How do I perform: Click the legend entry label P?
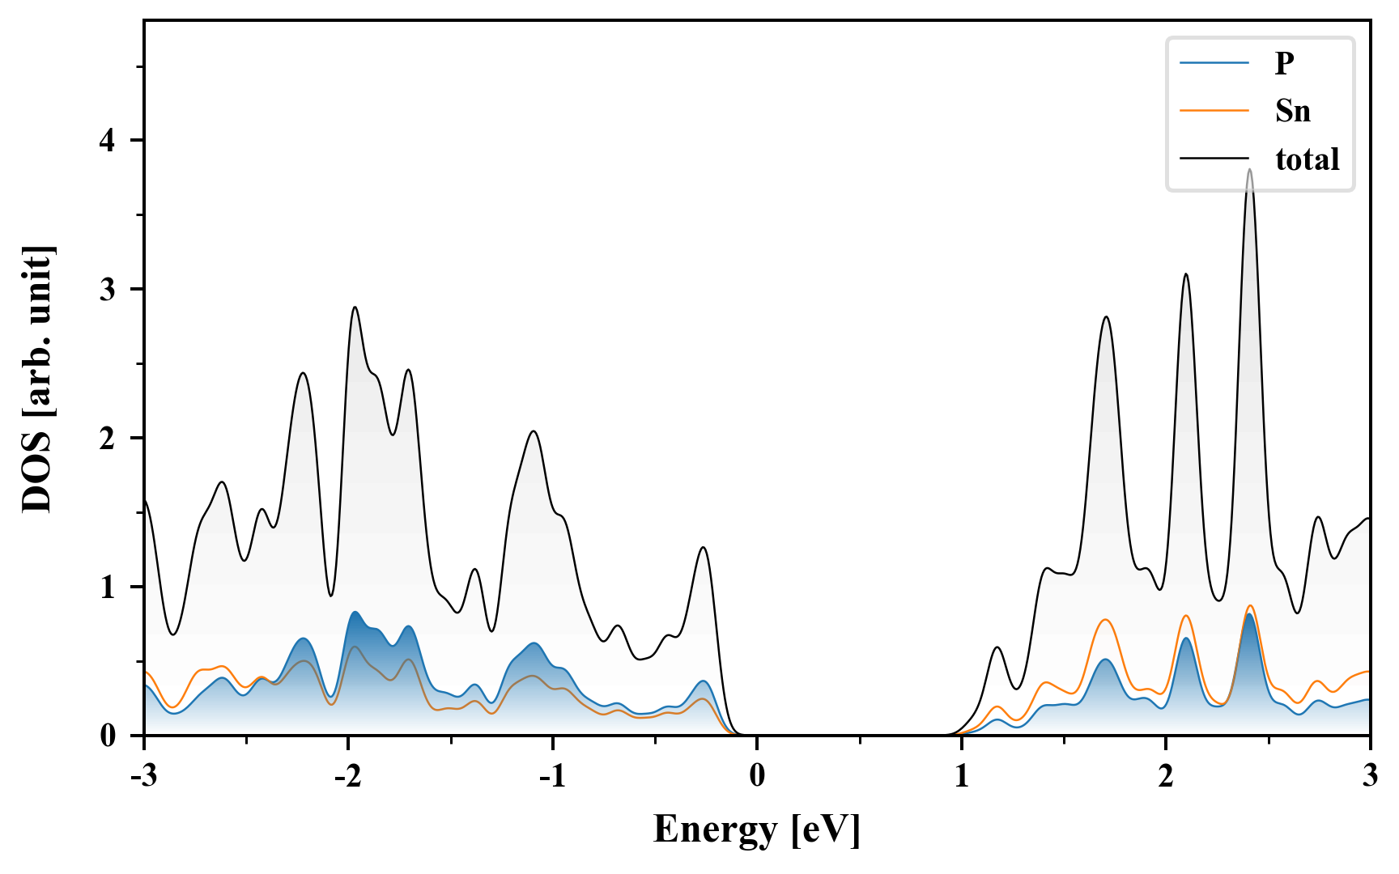point(1284,63)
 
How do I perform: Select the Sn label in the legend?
point(1292,111)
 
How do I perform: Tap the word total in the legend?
point(1307,159)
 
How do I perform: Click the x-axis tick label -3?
point(143,776)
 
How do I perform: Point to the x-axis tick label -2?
point(347,776)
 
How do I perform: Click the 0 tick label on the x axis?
point(757,776)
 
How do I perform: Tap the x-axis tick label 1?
point(961,776)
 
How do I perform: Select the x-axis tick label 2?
point(1166,776)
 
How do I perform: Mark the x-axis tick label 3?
point(1370,776)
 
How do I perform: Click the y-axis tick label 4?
point(108,141)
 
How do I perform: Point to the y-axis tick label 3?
point(108,290)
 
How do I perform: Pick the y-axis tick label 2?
point(108,438)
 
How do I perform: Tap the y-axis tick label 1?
point(108,587)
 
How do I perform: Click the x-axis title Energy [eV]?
point(756,829)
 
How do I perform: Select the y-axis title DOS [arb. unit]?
point(37,379)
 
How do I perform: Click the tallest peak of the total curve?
point(1250,170)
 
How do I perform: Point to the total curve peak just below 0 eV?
point(703,548)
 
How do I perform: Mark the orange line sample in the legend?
point(1214,111)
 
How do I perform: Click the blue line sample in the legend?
point(1214,63)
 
